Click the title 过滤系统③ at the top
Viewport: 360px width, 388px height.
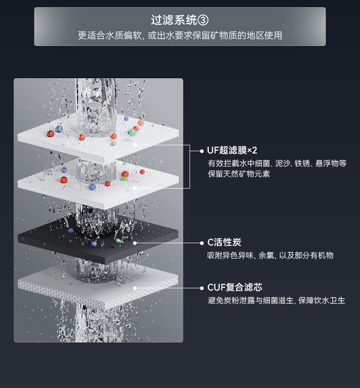[x=180, y=20]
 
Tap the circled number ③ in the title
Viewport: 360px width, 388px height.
[x=204, y=20]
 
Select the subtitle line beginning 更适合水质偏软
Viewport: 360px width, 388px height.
[x=180, y=36]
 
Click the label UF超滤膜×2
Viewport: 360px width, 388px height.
[x=232, y=151]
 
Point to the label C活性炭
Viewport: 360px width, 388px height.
[x=224, y=243]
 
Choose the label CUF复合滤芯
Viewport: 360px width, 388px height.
[x=235, y=288]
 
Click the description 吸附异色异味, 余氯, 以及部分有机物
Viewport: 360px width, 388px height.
[x=270, y=255]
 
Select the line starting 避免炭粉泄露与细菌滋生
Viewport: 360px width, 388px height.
[x=276, y=301]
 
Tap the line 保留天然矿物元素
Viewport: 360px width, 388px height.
[x=239, y=174]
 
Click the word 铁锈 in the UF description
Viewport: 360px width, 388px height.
[x=301, y=163]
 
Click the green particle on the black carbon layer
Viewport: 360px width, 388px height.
[x=118, y=240]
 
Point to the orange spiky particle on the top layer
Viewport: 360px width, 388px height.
[x=140, y=123]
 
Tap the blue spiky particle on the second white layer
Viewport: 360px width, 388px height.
[x=92, y=187]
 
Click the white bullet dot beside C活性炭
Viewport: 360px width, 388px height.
[x=202, y=243]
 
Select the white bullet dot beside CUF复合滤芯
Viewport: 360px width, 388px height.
[x=202, y=288]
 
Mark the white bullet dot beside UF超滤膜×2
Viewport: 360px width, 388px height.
[x=202, y=151]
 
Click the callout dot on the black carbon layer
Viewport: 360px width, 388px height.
[x=135, y=243]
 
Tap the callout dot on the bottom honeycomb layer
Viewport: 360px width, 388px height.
[x=135, y=288]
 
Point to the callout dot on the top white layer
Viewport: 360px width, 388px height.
[x=135, y=145]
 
